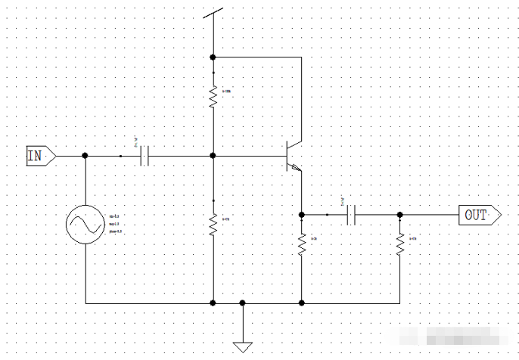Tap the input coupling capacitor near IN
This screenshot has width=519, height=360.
(146, 156)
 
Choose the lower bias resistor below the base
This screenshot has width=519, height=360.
(213, 223)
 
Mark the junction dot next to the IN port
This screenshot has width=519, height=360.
(85, 155)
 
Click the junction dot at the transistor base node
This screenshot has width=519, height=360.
(213, 155)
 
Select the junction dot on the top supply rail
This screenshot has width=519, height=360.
(213, 57)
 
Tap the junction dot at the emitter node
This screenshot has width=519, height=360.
(302, 215)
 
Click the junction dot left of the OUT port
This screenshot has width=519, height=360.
(399, 215)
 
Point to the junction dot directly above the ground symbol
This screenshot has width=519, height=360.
(243, 303)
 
